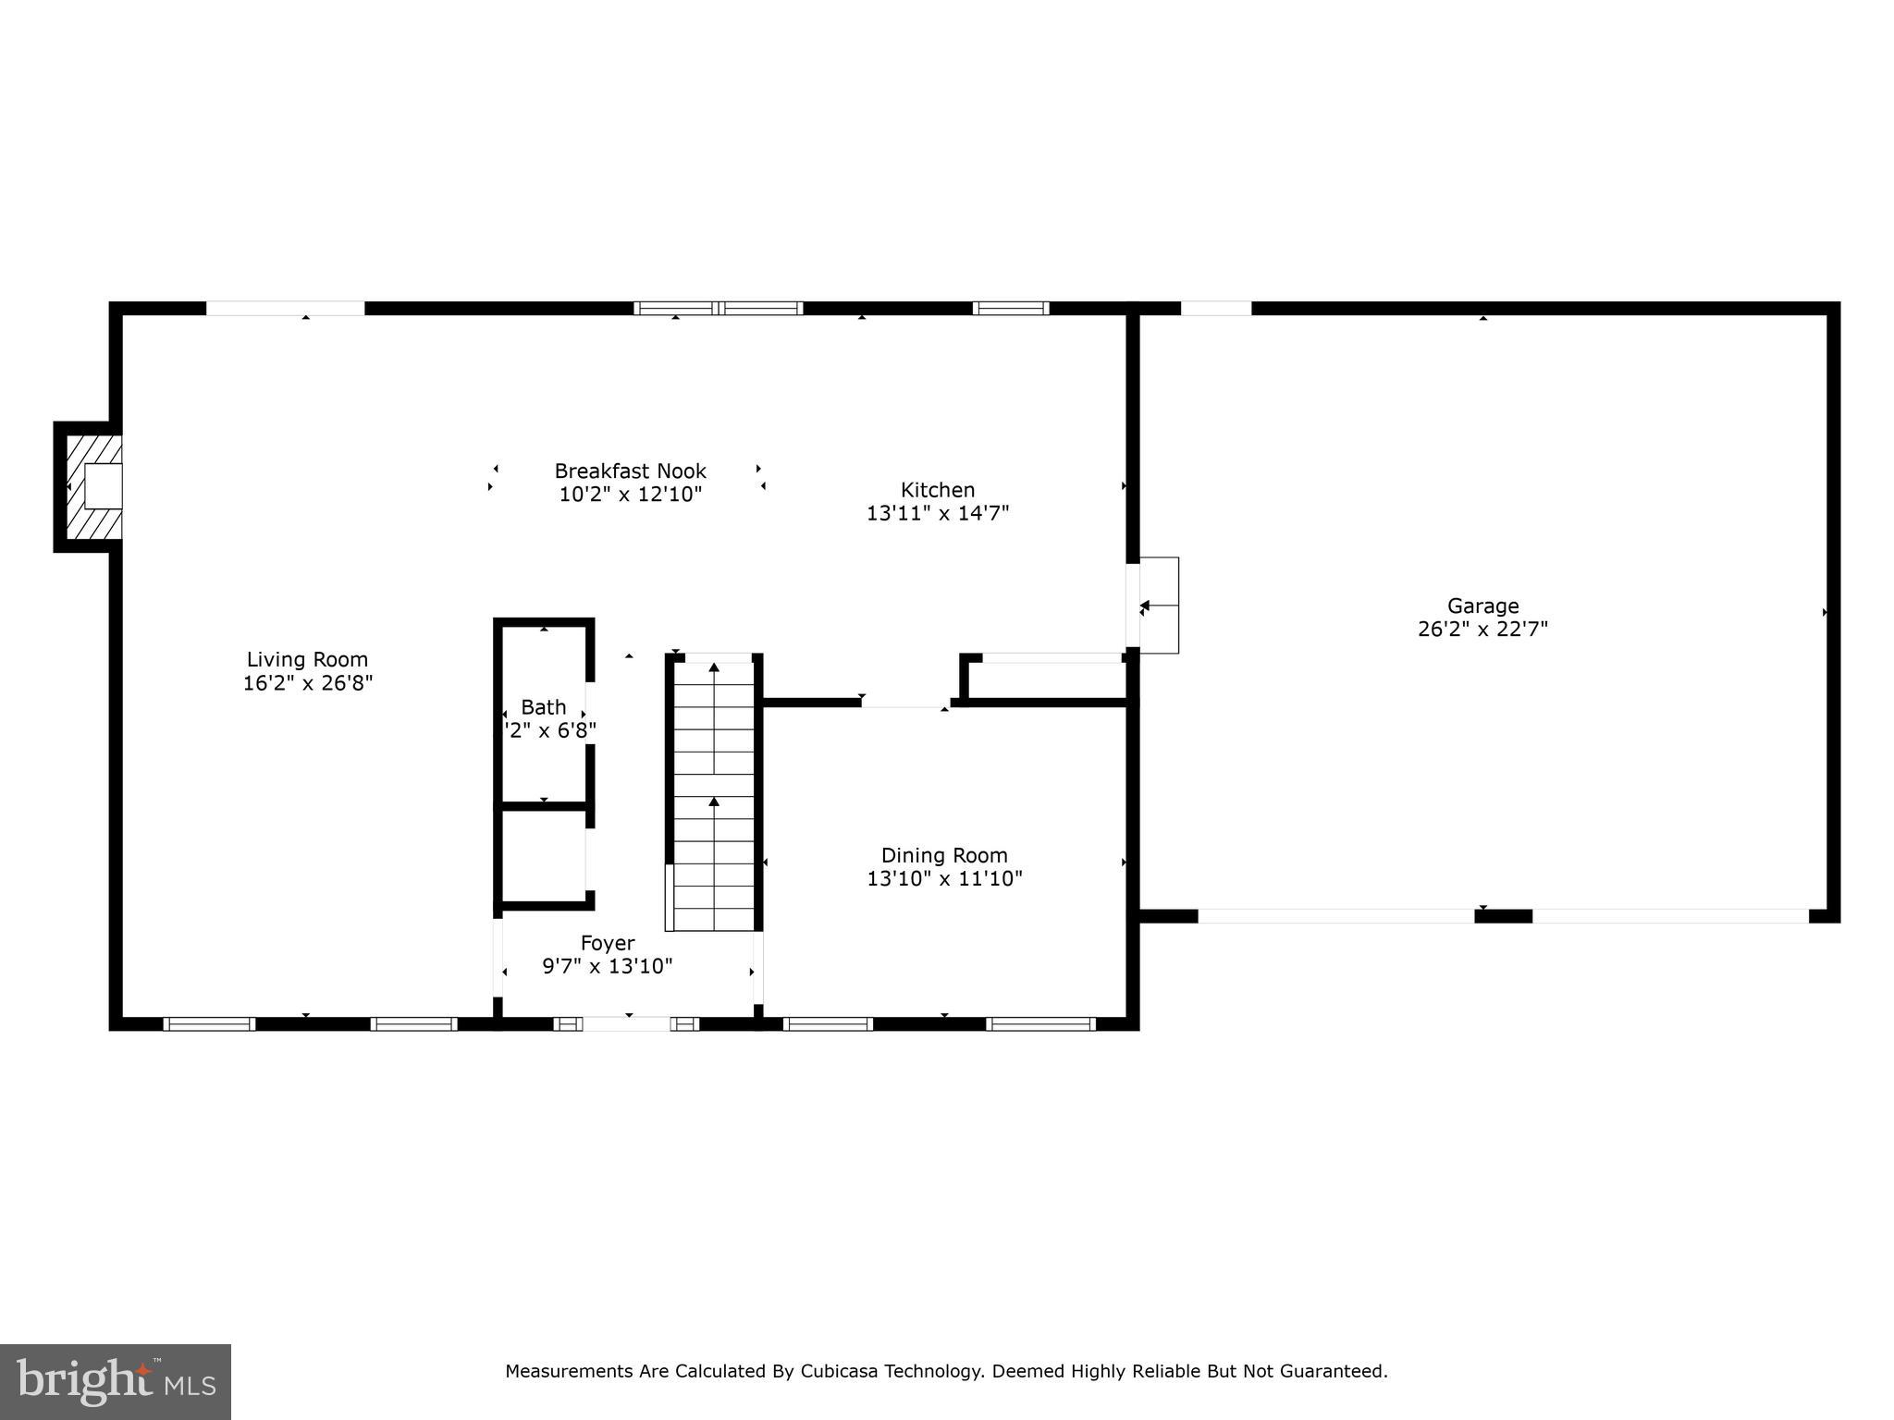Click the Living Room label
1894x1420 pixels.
(307, 659)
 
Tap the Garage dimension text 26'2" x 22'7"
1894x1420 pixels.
(1482, 630)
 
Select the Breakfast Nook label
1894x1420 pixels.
(630, 471)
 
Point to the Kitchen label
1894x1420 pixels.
(938, 490)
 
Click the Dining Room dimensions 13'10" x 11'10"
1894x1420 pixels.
(944, 878)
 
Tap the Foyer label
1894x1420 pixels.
(608, 943)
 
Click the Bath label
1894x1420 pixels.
(543, 707)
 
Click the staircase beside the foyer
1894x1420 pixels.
(713, 795)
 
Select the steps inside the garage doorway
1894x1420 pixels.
(1159, 606)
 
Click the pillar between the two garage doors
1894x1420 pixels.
(1503, 916)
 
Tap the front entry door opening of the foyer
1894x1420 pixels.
(627, 1023)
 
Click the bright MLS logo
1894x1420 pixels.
(116, 1382)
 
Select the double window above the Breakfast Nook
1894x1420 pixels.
(718, 309)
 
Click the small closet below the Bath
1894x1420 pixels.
(544, 855)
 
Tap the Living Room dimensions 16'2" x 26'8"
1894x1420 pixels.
(307, 683)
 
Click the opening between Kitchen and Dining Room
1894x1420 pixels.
(905, 704)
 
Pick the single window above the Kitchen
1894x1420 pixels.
(1010, 309)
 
